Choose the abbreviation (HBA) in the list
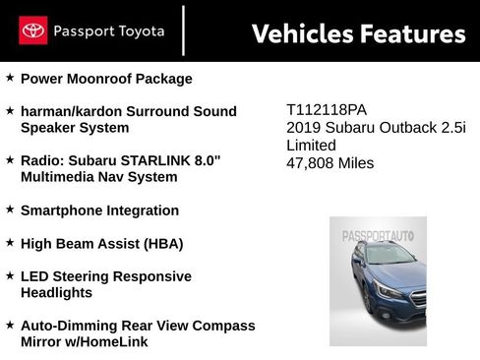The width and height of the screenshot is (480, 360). [160, 242]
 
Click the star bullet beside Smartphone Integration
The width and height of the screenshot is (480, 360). [10, 210]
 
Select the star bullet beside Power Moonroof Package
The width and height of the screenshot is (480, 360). [10, 78]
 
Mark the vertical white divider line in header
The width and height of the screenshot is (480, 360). [184, 30]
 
